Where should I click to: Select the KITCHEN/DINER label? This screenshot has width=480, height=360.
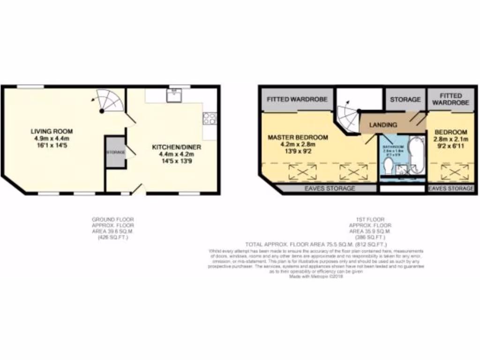coord(177,147)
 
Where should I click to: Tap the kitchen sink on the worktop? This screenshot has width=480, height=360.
coord(173,95)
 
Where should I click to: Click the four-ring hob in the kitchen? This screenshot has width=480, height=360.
coord(210,118)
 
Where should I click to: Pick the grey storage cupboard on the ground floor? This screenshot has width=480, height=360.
coord(115,152)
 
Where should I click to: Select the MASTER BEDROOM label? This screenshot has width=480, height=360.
coord(298,137)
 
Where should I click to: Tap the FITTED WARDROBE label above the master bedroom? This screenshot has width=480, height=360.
coord(297,99)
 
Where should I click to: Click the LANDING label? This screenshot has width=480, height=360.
coord(383,125)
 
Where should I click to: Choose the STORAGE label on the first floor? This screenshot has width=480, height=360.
coord(405,100)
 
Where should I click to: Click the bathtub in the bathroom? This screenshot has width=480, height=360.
coord(416,155)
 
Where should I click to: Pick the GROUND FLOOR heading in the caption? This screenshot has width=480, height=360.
coord(112,219)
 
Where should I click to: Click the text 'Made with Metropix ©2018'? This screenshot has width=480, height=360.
coord(316,277)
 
